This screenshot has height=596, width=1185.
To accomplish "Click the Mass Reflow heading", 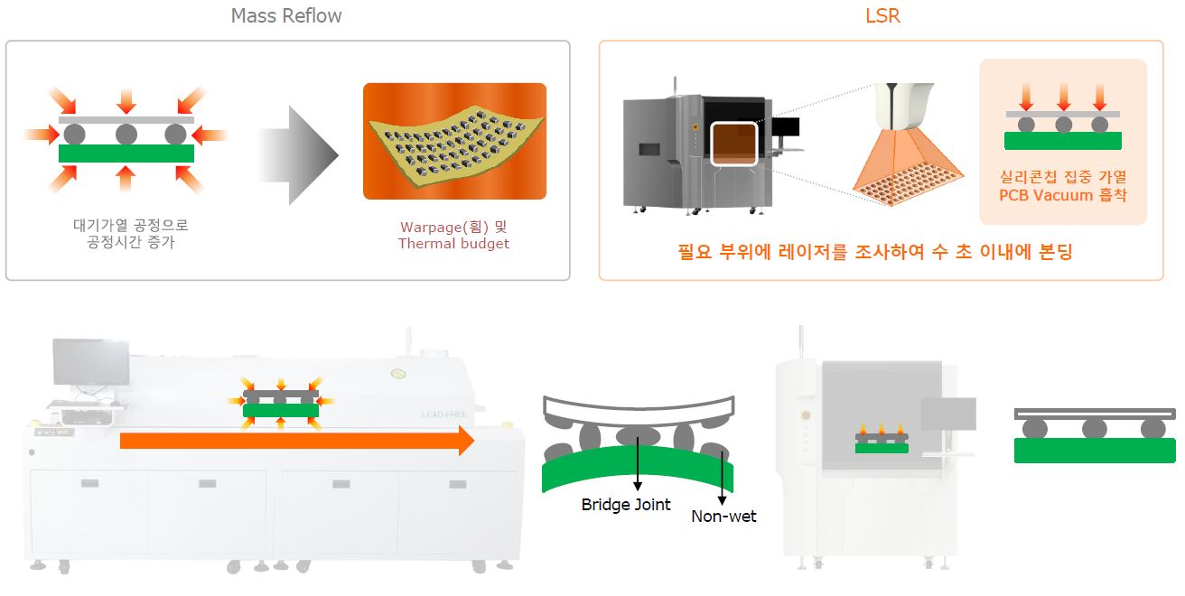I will (286, 16).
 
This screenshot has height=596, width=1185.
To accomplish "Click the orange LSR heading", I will (882, 16).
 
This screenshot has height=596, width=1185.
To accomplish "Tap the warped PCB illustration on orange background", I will (454, 141).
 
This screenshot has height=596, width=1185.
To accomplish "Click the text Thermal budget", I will (453, 244).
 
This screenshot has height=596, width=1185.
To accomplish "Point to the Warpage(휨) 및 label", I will (453, 227).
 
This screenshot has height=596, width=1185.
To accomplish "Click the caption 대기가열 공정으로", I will (131, 226).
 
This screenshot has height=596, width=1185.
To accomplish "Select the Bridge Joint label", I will (626, 505).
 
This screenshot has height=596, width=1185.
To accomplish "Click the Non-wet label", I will (723, 517).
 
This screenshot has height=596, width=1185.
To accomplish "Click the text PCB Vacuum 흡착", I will (1063, 195).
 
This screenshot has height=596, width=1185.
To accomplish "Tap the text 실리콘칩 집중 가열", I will (1063, 177).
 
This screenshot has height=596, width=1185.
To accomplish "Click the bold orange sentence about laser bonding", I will (875, 252).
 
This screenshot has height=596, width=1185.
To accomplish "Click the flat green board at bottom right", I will (1095, 451).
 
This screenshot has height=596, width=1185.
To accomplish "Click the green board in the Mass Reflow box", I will (126, 154).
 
